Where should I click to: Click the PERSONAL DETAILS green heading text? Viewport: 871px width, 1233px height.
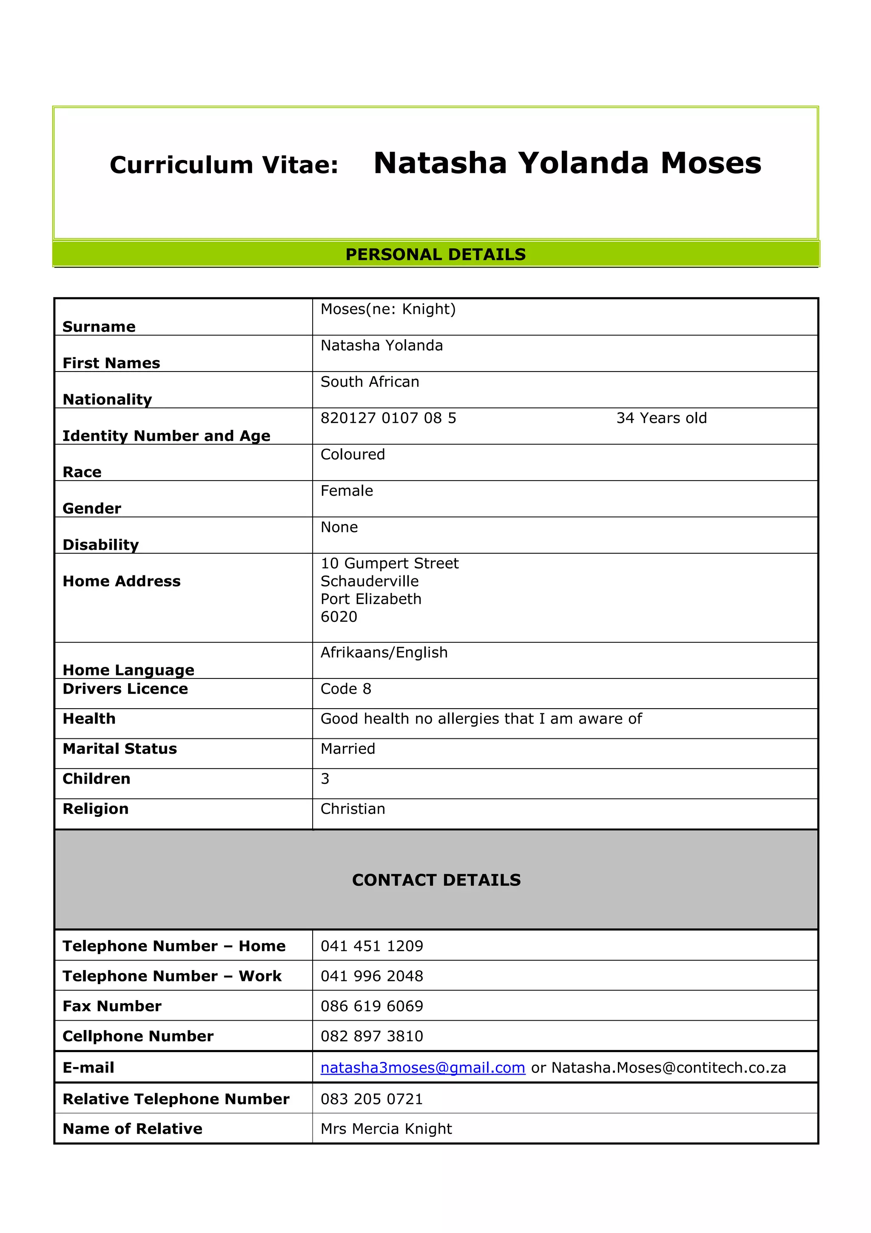click(435, 254)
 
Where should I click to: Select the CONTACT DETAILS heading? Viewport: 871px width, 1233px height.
click(436, 880)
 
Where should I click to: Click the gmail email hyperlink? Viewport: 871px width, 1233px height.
click(422, 1067)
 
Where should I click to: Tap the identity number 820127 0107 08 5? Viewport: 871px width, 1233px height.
click(388, 418)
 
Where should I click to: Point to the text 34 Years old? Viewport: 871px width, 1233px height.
click(661, 418)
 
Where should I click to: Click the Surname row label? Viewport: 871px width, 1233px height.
click(99, 326)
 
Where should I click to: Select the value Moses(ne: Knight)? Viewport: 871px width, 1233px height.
click(387, 309)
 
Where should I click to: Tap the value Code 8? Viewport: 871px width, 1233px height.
click(346, 689)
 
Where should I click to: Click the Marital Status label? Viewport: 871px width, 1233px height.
click(120, 749)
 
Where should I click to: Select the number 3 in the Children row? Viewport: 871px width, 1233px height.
click(324, 779)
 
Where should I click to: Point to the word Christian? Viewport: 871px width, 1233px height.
click(353, 809)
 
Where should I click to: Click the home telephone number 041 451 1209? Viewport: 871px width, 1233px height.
click(371, 946)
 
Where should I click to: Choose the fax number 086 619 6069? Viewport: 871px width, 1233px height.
click(371, 1007)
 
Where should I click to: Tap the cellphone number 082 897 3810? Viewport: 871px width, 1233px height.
click(371, 1036)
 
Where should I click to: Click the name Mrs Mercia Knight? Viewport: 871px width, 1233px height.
click(386, 1129)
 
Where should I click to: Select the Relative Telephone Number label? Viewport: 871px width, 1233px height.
click(176, 1099)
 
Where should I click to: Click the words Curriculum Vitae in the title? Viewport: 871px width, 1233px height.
click(224, 165)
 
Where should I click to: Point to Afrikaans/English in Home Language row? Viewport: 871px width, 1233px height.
click(384, 652)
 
